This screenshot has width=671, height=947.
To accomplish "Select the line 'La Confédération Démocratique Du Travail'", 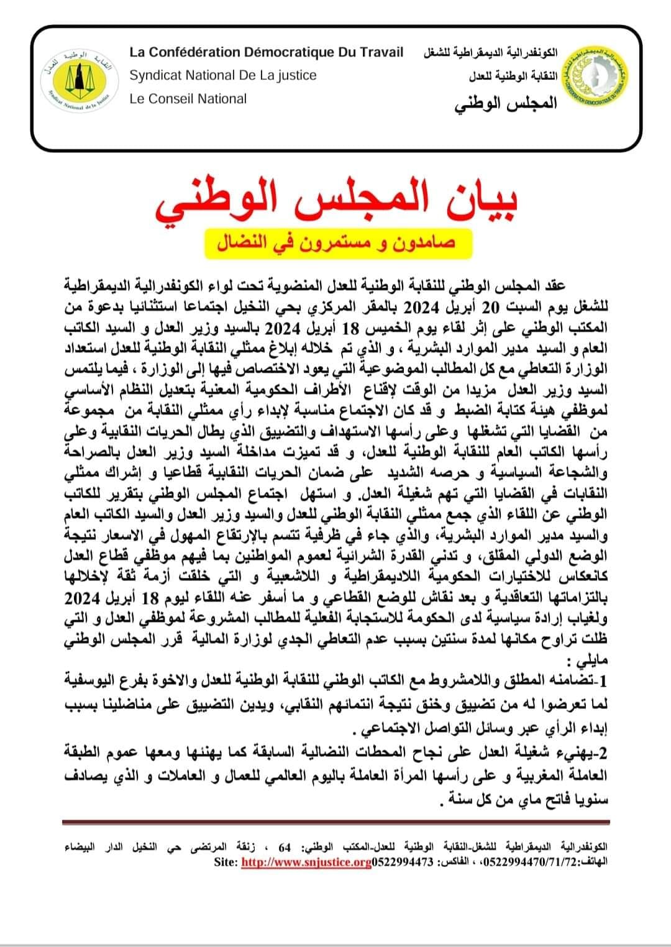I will coord(267,52).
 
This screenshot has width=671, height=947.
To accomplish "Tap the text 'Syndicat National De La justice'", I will coord(223,75).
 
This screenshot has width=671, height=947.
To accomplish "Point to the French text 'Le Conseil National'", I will coord(188,99).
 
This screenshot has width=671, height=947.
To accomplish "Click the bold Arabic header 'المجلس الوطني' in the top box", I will coord(506,103).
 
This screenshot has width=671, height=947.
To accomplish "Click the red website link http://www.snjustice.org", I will coord(306,862).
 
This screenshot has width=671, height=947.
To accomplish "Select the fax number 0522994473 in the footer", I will coord(402,862).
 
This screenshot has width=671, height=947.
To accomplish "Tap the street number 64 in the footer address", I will coord(285,847).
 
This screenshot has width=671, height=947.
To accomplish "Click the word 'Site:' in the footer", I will coord(225,862).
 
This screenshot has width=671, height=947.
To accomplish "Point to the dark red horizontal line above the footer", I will coord(335,823).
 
